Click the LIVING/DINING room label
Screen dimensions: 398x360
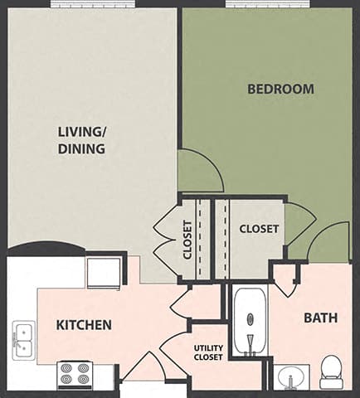(81, 140)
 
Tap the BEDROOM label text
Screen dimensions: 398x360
(280, 89)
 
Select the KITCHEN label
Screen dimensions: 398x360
(84, 324)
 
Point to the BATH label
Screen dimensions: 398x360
(319, 317)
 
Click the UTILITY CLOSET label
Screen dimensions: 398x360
(208, 352)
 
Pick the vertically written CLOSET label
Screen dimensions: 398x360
(187, 240)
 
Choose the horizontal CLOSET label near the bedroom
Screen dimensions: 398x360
(259, 229)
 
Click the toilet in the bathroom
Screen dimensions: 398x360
(331, 371)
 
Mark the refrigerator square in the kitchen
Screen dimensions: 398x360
(104, 271)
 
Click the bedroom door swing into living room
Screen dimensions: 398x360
(199, 170)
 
